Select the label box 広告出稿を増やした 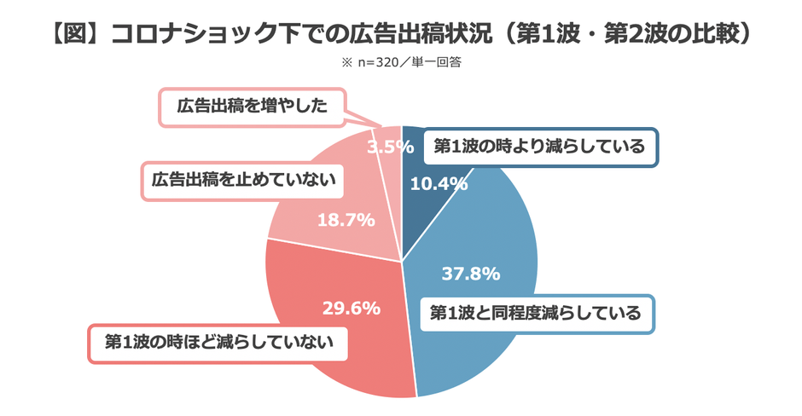coord(252,107)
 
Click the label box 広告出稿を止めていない coord(244,180)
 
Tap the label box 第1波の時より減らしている coord(538,147)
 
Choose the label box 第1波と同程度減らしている coord(536,313)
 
